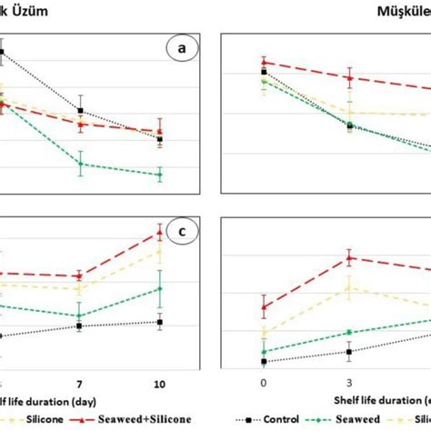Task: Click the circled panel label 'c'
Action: [182, 232]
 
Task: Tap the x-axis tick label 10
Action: [160, 382]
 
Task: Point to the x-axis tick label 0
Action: [264, 382]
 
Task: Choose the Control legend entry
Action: [273, 419]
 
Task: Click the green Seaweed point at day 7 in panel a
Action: [80, 164]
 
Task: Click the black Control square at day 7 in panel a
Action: [80, 111]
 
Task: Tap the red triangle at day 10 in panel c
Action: [160, 234]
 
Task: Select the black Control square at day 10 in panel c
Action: [160, 322]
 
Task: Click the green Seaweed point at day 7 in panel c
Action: [80, 316]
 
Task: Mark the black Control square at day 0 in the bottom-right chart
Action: [264, 361]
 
